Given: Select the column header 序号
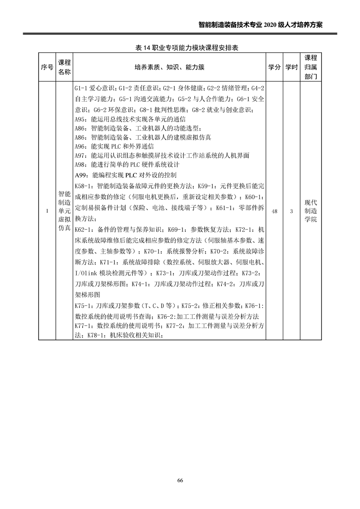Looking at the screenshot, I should click(46, 67).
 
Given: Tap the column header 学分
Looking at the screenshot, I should click(273, 67).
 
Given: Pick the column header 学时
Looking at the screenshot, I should click(291, 67).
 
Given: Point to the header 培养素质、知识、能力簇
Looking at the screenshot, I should click(169, 67).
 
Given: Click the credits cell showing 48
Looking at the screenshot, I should click(274, 211).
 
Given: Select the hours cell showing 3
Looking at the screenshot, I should click(291, 211).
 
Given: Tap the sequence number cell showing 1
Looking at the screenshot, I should click(47, 211).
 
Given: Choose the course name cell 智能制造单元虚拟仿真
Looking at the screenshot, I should click(64, 211).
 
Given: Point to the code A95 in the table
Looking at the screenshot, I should click(80, 119).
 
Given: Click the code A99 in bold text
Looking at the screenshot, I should click(80, 175).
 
